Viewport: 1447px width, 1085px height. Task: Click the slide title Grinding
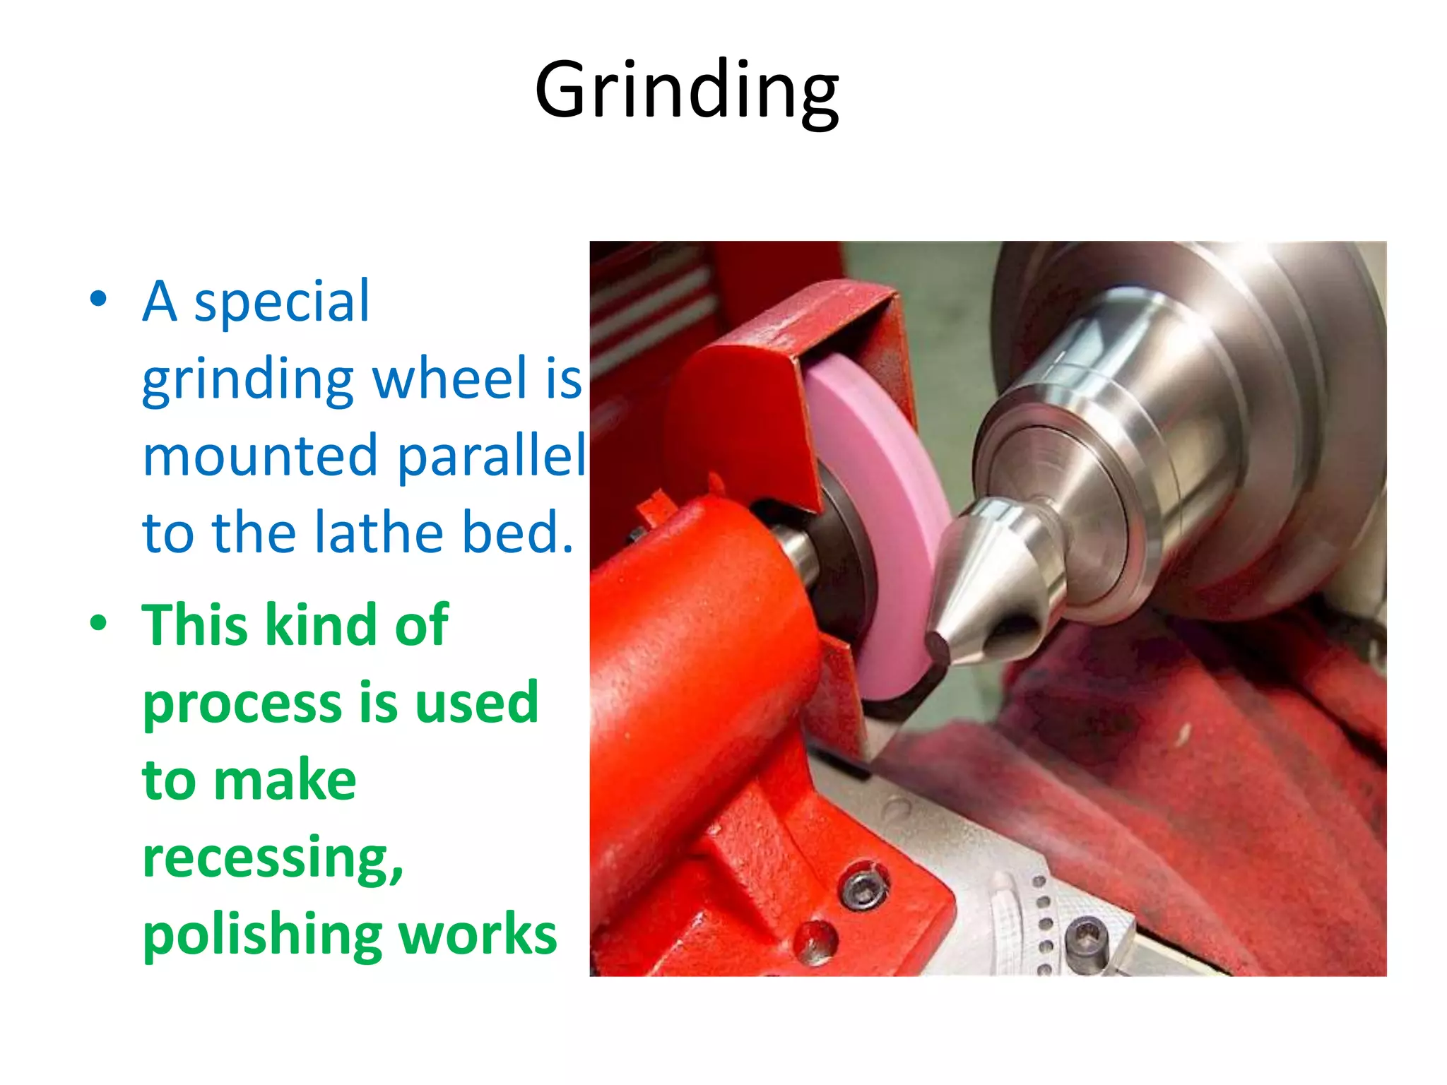pos(687,90)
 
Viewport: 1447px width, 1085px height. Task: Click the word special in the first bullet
pos(281,302)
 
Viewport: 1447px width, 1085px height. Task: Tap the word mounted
pos(260,456)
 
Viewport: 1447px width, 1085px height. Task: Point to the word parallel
pos(492,457)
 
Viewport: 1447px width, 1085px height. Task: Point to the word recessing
pos(273,858)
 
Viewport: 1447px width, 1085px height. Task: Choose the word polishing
pos(262,936)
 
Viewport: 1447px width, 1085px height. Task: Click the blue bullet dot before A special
pos(99,299)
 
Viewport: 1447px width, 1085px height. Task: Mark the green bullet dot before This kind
pos(99,623)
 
